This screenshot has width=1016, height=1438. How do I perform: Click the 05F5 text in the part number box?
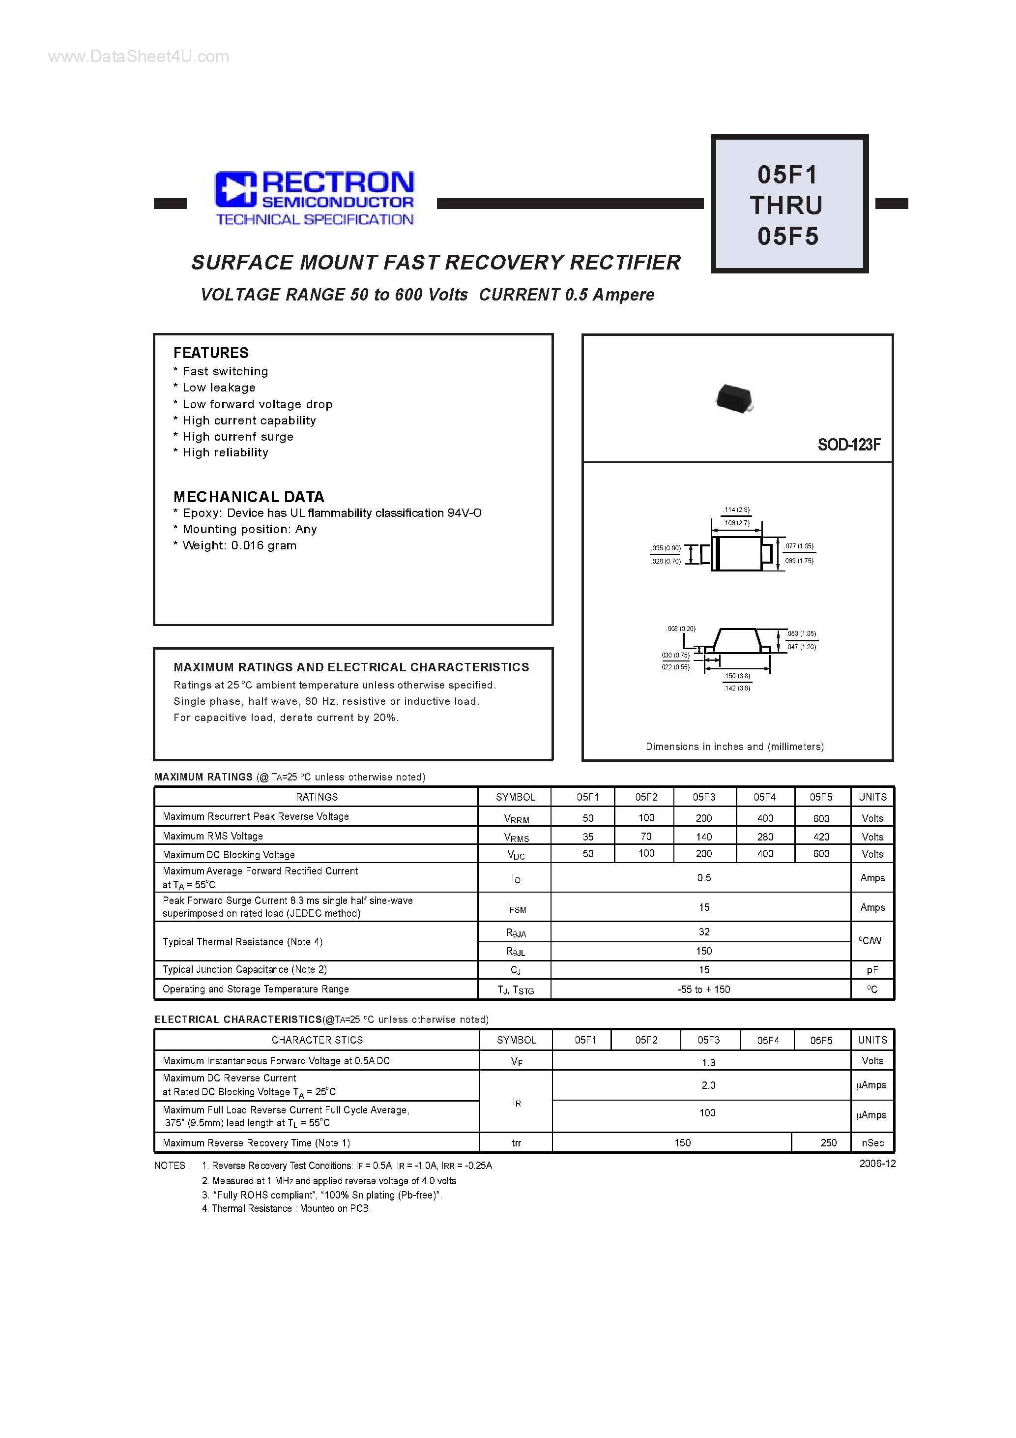tap(788, 237)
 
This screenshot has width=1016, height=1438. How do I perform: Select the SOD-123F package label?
tap(848, 445)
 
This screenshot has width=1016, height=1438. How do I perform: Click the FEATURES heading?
tap(211, 353)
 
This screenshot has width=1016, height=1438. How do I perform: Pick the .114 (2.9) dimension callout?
tap(736, 510)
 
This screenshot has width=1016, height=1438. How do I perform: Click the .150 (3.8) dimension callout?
tap(737, 676)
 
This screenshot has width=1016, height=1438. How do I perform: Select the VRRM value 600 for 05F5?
tap(821, 818)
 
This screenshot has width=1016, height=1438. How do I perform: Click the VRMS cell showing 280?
tap(765, 837)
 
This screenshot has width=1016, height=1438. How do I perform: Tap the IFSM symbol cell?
tap(517, 907)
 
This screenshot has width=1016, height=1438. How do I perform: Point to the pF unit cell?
tap(872, 970)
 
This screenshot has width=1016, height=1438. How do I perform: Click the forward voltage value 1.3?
tap(708, 1063)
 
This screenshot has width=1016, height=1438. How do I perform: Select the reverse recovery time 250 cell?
tap(828, 1143)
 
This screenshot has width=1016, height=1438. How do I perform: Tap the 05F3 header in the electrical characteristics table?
tap(709, 1040)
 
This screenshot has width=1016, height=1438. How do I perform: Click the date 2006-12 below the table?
tap(877, 1164)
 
